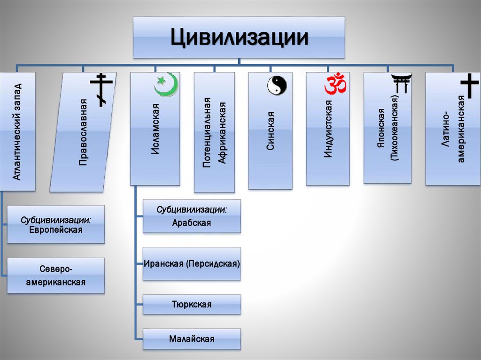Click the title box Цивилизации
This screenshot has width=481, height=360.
[x=239, y=38]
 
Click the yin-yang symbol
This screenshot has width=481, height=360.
[x=277, y=85]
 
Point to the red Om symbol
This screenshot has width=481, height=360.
[x=335, y=84]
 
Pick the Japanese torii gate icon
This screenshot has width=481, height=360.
[x=402, y=84]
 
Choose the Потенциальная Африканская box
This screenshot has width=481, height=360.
[x=214, y=133]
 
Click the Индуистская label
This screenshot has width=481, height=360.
[x=328, y=129]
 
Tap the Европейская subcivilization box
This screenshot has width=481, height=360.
[x=55, y=225]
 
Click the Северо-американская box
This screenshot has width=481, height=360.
[x=55, y=276]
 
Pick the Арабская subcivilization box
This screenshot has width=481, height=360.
[x=192, y=216]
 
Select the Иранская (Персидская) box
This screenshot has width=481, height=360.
[x=192, y=264]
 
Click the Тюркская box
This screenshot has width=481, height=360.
[x=192, y=305]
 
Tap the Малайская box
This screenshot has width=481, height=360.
[x=192, y=339]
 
